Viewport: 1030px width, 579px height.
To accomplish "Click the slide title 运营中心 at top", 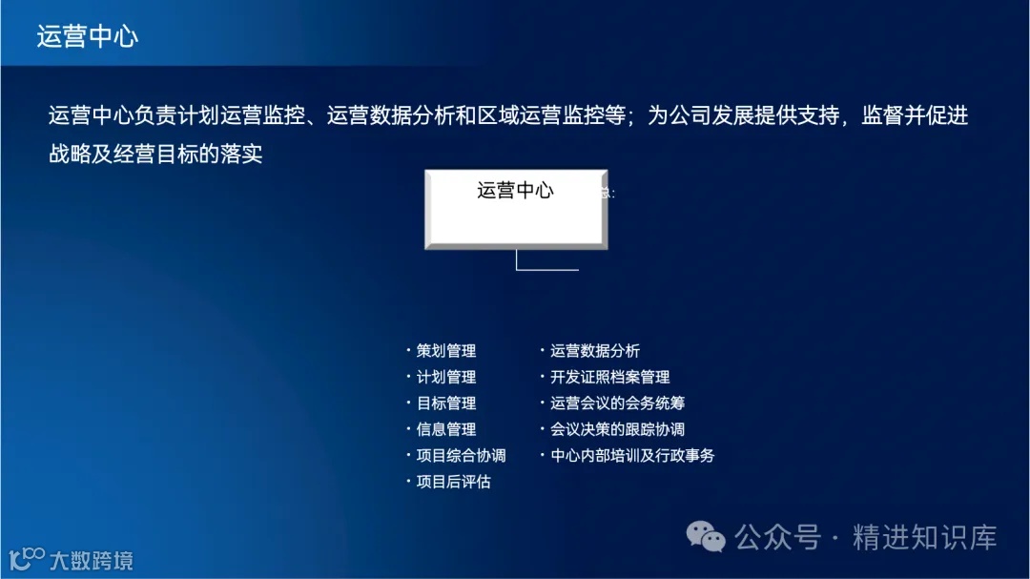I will [88, 36].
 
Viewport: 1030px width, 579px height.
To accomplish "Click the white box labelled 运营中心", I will [516, 209].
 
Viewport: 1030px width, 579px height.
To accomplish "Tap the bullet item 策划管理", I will [446, 351].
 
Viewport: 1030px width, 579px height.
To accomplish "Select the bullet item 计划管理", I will [446, 377].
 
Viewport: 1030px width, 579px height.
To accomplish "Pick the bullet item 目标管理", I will [446, 403].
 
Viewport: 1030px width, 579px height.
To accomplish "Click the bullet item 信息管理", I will [446, 429].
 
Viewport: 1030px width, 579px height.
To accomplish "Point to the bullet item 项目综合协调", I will [461, 455].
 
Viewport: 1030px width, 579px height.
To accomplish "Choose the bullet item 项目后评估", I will [454, 482].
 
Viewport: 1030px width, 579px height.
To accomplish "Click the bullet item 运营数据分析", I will [595, 351].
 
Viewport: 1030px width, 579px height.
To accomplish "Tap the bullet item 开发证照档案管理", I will [609, 377].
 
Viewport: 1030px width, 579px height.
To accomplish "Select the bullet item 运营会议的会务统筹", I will [617, 403].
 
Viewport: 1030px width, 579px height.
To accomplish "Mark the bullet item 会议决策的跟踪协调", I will [617, 429].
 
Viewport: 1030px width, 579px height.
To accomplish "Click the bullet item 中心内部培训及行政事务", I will [632, 455].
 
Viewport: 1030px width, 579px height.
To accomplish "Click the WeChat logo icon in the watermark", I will [708, 537].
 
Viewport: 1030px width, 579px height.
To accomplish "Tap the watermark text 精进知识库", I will [924, 537].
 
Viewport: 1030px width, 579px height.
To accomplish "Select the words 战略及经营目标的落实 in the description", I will [155, 154].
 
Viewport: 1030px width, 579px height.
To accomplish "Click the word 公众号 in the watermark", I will [778, 537].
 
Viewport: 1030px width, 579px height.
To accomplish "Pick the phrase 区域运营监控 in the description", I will [531, 116].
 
